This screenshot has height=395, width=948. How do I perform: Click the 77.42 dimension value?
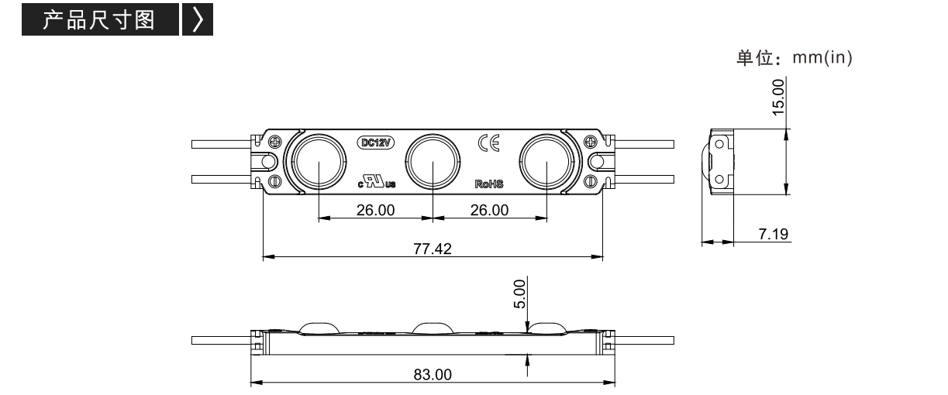432,249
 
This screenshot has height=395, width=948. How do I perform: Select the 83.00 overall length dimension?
433,375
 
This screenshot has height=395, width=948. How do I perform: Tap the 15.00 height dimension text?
778,98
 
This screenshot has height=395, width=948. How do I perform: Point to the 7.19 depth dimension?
774,234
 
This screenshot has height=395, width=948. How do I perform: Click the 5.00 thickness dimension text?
519,294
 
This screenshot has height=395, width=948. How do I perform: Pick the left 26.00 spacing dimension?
375,210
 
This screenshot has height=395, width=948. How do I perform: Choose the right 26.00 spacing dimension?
489,210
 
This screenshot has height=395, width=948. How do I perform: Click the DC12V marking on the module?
375,143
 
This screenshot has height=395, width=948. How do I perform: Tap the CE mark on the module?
489,143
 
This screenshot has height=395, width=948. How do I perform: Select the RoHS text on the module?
489,184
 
